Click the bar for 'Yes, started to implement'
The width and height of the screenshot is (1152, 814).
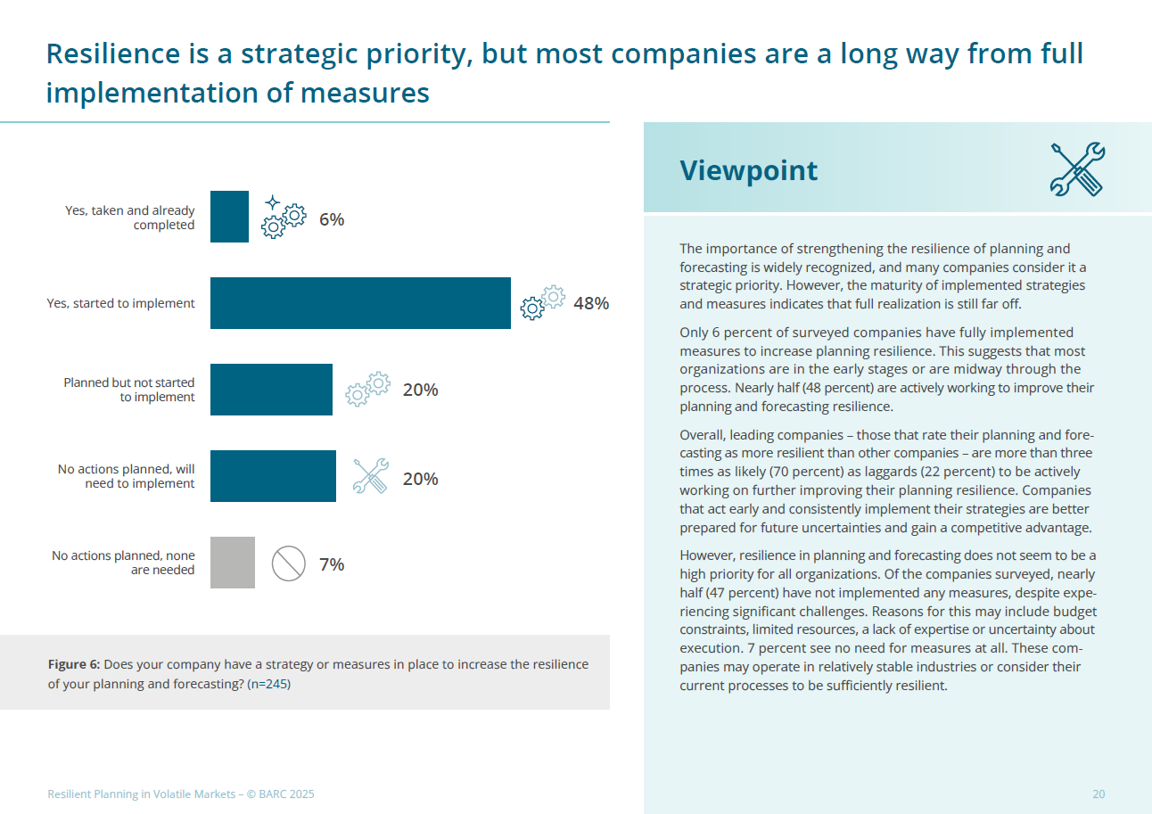click(x=360, y=303)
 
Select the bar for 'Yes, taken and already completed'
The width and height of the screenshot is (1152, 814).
click(x=229, y=217)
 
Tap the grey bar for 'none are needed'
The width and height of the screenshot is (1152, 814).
click(x=233, y=563)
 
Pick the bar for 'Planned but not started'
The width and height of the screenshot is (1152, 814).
click(x=271, y=390)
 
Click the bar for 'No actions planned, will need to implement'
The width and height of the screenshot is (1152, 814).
click(x=273, y=476)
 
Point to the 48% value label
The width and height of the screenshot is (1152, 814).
click(x=591, y=303)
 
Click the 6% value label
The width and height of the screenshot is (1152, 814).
click(x=332, y=219)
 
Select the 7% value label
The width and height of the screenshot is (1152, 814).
click(x=332, y=564)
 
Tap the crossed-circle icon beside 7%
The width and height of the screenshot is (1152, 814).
click(x=289, y=564)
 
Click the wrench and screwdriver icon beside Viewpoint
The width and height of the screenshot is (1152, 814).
click(x=1077, y=169)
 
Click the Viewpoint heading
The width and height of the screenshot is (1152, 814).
click(x=748, y=170)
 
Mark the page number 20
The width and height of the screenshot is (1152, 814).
click(x=1099, y=794)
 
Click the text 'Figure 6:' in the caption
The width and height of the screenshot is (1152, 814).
click(x=74, y=665)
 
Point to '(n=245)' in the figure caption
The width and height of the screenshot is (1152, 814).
click(x=269, y=685)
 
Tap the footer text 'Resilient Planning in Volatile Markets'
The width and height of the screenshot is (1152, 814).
click(x=141, y=794)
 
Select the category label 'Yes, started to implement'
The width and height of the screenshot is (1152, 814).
click(x=120, y=304)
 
